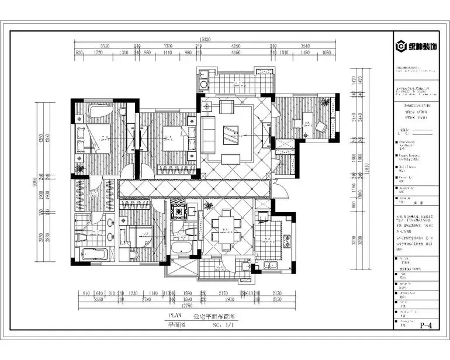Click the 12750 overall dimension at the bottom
[x=186, y=304]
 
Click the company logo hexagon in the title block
[x=401, y=46]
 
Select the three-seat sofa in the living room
[x=209, y=133]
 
